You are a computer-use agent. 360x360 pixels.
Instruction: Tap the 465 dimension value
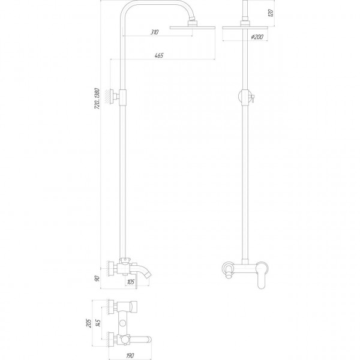(159, 56)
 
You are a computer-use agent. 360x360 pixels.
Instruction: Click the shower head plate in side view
(193, 26)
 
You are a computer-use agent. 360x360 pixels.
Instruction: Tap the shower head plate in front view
(245, 26)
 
